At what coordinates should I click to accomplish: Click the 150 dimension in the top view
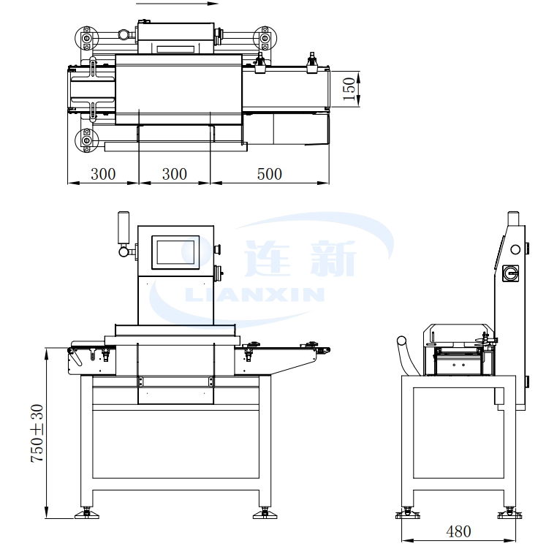(x=349, y=88)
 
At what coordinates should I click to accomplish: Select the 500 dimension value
(x=269, y=174)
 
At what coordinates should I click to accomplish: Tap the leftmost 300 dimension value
(x=103, y=174)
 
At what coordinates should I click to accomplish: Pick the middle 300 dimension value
(x=174, y=174)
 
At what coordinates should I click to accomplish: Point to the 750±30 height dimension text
(x=37, y=432)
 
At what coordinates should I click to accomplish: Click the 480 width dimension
(x=458, y=531)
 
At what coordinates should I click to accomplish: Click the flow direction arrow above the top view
(x=177, y=4)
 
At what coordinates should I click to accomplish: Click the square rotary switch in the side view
(x=511, y=273)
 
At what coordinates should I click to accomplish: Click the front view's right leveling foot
(x=263, y=512)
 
